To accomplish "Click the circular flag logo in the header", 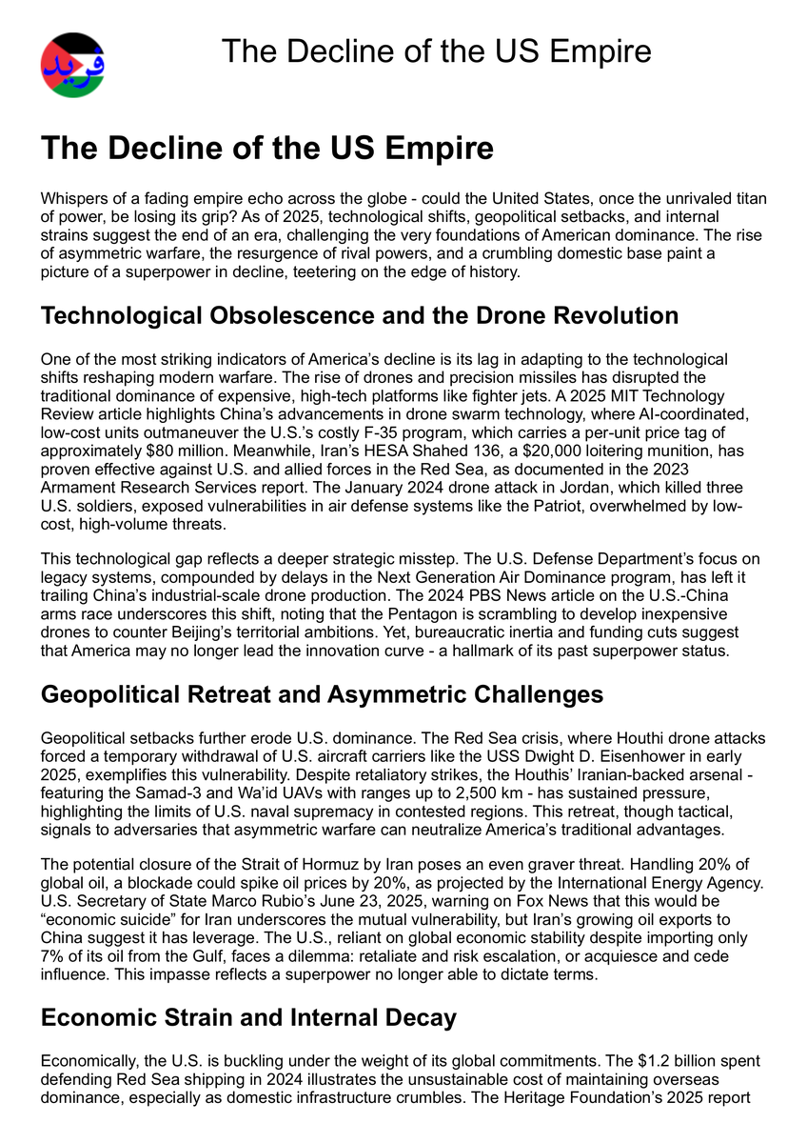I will [x=72, y=66].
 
